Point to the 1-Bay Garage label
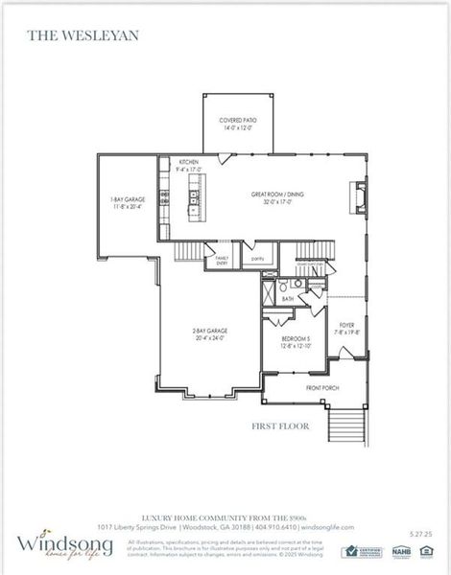(x=128, y=201)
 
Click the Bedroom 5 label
(x=296, y=342)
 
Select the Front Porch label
(x=320, y=387)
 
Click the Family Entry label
(x=222, y=260)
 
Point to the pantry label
(x=256, y=258)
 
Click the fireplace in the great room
(x=358, y=196)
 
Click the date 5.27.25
(x=420, y=532)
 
